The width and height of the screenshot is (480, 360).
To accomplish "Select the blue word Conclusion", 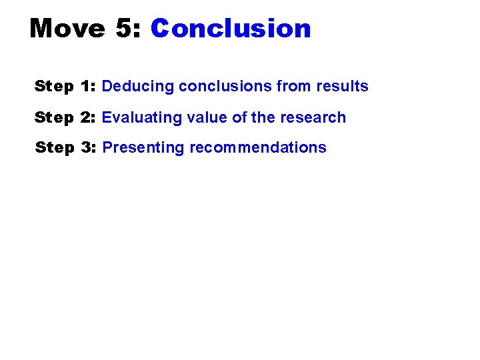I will point(231,29).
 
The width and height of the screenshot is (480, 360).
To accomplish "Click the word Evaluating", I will point(139,117).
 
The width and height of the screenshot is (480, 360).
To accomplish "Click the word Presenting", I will point(143,148).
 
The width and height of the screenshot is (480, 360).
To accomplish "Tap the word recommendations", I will point(259,147).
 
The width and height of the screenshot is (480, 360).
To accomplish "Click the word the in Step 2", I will point(263,117).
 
